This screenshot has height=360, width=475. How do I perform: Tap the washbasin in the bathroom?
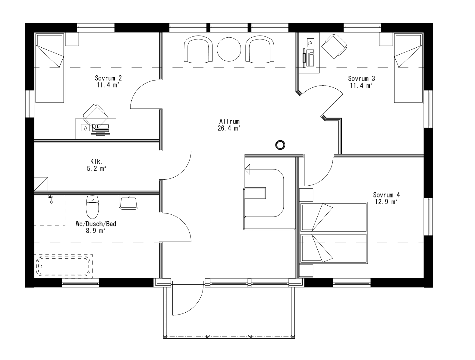click(129, 202)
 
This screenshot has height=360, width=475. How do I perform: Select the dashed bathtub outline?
click(64, 265)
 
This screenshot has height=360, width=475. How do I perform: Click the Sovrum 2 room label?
click(108, 78)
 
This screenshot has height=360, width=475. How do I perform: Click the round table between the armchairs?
click(229, 49)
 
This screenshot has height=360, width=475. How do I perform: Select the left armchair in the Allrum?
click(198, 49)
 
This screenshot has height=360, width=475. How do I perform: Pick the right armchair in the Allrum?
click(260, 49)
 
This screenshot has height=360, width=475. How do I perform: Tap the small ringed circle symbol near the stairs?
click(280, 145)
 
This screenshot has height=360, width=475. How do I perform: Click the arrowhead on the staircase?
click(248, 169)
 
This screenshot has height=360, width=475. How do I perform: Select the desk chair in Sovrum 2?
click(95, 115)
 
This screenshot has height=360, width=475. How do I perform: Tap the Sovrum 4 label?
click(386, 195)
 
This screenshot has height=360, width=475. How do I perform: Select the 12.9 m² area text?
click(386, 202)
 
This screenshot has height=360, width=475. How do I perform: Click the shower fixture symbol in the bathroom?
click(51, 199)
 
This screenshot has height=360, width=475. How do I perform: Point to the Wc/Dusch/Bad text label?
click(96, 224)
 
